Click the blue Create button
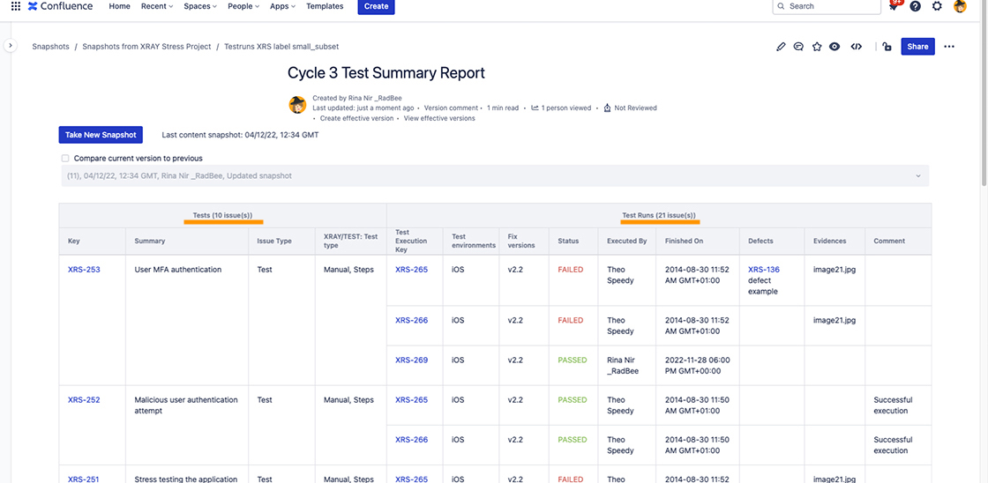(x=376, y=6)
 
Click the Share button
(x=917, y=47)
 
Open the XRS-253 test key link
(x=84, y=270)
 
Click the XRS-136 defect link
(x=763, y=270)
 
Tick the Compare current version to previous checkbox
(x=65, y=159)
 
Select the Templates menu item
(x=325, y=6)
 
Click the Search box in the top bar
(x=827, y=6)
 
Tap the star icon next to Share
(x=817, y=47)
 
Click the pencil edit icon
(x=781, y=47)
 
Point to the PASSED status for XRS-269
(x=572, y=360)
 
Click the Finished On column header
(x=684, y=241)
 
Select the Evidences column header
(x=830, y=241)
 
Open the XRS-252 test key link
(x=84, y=400)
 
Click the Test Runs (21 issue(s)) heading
(x=658, y=215)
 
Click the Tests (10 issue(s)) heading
(x=222, y=215)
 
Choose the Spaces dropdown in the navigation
(x=200, y=6)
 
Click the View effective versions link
(x=439, y=118)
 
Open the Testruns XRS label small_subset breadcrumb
(x=281, y=47)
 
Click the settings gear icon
(x=937, y=6)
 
